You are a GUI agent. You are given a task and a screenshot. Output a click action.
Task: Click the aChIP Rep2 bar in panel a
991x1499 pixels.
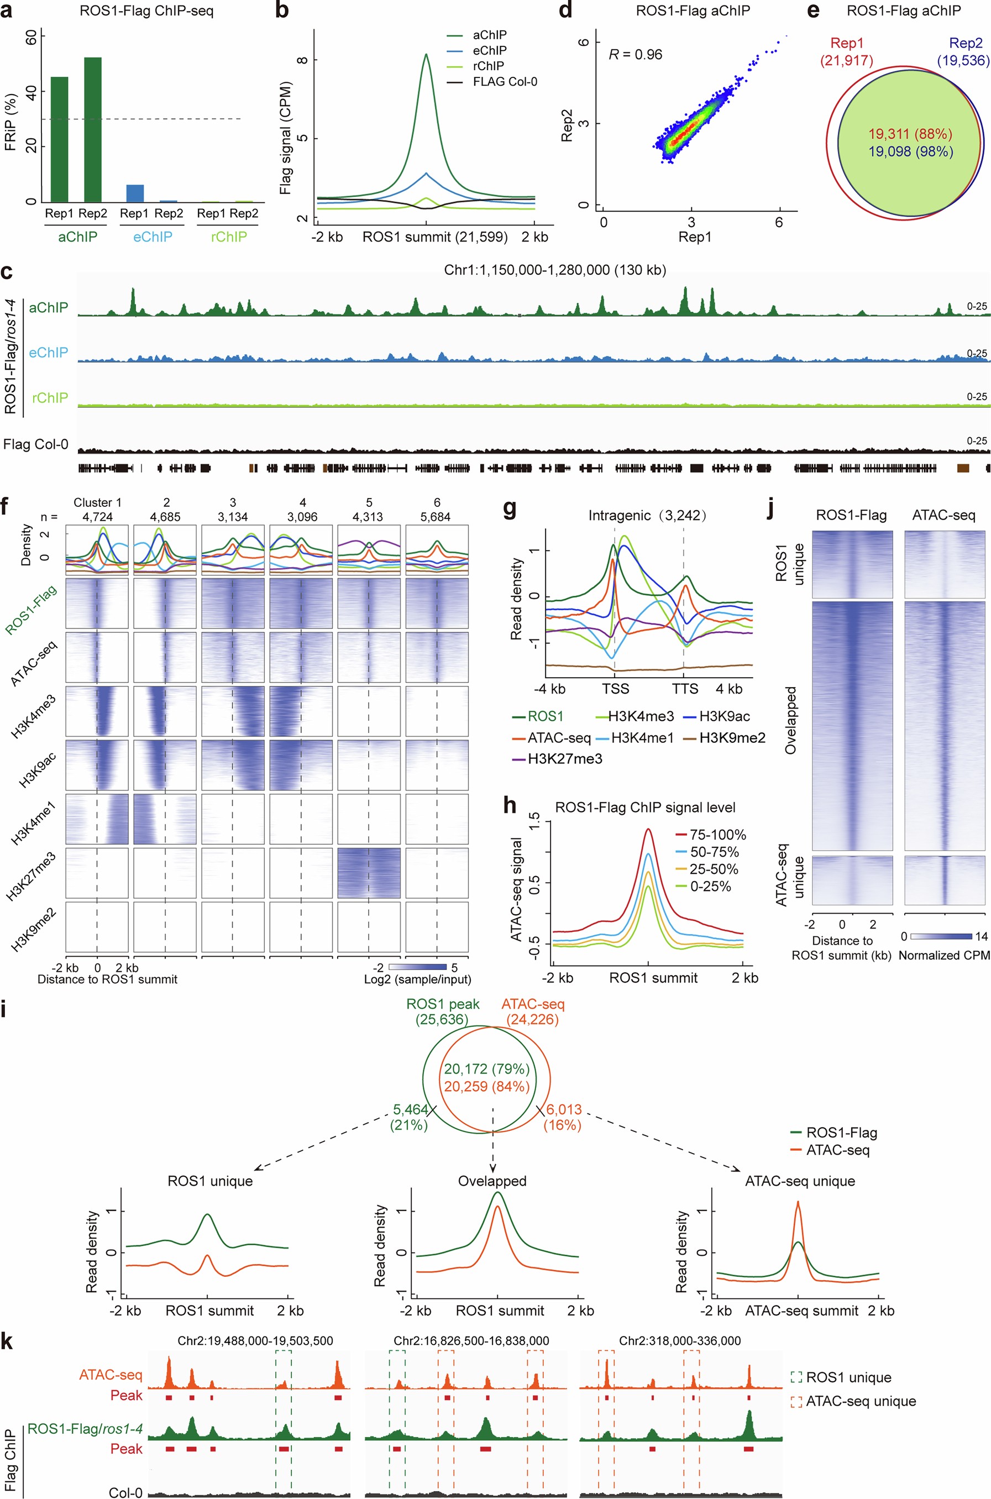(92, 129)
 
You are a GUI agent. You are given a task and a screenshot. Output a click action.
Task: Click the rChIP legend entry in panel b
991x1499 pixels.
(489, 66)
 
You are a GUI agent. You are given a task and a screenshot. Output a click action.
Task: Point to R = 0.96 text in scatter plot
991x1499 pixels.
(635, 55)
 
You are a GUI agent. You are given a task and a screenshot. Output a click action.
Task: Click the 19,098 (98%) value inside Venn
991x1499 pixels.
(910, 151)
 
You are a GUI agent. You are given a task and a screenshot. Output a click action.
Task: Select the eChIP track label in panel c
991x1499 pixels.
(48, 353)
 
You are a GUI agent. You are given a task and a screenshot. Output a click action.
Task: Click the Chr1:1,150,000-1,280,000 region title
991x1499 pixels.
(555, 270)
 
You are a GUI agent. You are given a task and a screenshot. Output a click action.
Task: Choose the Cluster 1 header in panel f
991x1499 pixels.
(97, 502)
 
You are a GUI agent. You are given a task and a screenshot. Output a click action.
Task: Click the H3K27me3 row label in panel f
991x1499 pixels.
(32, 876)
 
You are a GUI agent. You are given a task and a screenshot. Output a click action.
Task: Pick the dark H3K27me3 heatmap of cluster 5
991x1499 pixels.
(369, 873)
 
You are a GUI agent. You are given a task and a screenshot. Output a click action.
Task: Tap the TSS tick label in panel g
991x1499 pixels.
(615, 689)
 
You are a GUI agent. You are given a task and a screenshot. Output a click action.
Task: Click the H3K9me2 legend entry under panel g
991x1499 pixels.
(732, 737)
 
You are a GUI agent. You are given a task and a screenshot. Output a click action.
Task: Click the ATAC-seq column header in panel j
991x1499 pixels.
(943, 516)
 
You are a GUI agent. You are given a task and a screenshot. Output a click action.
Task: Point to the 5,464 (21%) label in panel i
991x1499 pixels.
(410, 1116)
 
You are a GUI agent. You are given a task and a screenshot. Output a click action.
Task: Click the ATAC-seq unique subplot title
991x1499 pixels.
(800, 1181)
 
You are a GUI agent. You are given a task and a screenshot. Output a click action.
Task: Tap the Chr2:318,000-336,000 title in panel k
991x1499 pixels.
(679, 1341)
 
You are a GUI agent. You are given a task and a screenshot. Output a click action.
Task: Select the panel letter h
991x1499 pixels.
(510, 806)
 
